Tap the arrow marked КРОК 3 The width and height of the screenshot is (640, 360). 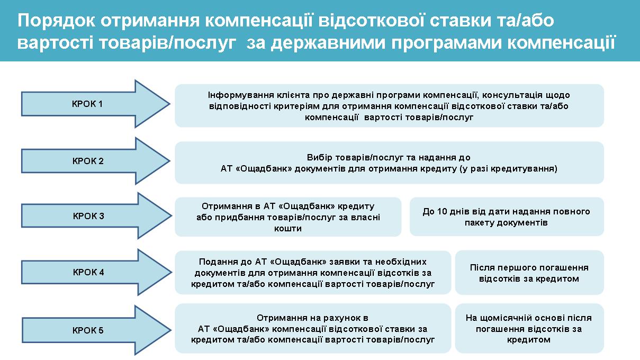click(96, 215)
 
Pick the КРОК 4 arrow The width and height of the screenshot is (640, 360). click(96, 272)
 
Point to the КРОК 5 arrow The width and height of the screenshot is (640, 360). click(96, 330)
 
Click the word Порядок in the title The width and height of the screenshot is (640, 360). click(56, 21)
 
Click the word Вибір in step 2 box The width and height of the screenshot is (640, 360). click(319, 157)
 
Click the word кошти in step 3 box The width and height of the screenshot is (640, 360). click(288, 228)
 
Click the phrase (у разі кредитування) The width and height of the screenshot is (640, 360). click(509, 169)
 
